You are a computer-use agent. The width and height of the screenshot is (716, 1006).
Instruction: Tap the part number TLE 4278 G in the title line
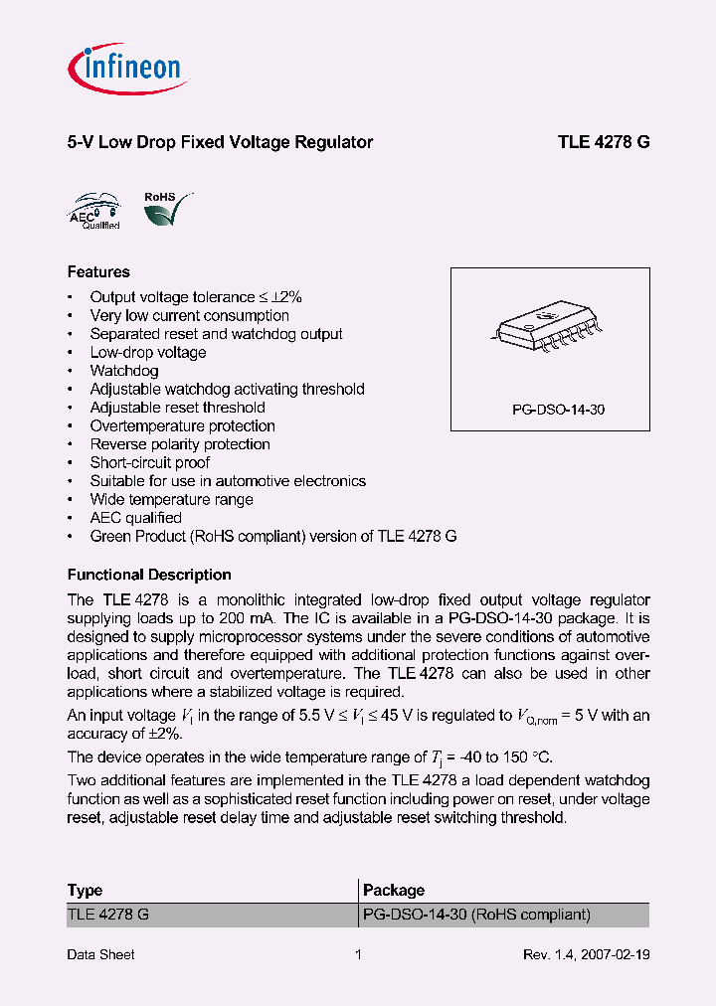tap(604, 142)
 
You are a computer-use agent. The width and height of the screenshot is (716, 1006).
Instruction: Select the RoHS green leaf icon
tap(165, 209)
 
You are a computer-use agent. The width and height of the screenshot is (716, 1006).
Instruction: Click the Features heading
tap(98, 271)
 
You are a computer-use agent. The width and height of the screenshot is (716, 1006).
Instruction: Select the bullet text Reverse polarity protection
tap(180, 444)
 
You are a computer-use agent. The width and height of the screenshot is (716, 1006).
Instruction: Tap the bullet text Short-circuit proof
tap(150, 462)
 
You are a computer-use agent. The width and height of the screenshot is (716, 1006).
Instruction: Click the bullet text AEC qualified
tap(136, 518)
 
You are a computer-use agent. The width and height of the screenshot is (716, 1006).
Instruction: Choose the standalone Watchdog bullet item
tap(124, 371)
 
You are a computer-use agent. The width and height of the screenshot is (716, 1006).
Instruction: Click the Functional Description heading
tap(149, 575)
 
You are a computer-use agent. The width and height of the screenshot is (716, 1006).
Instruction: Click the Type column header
tap(85, 890)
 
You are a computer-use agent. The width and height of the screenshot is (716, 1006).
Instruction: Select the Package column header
tap(394, 890)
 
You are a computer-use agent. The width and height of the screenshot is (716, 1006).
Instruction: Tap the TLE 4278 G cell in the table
tap(108, 915)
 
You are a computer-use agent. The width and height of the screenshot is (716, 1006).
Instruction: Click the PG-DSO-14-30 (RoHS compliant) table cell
tap(476, 915)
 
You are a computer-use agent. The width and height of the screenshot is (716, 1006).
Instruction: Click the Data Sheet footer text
tap(100, 954)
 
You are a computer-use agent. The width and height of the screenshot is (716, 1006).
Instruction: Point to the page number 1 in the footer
tap(358, 954)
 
